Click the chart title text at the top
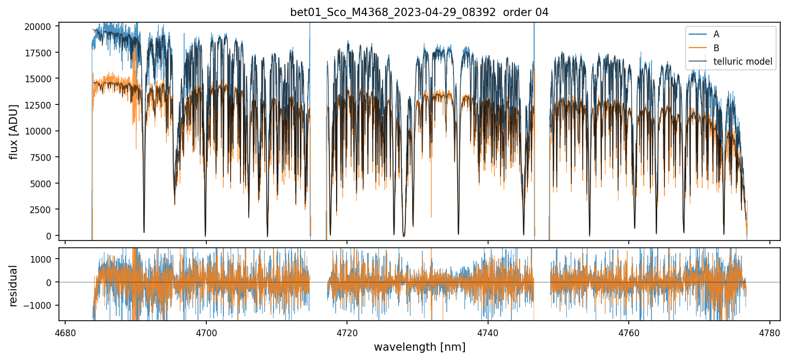tap(419, 12)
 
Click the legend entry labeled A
tap(716, 35)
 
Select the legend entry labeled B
tap(716, 48)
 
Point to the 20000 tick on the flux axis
tap(40, 26)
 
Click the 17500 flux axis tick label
tap(40, 53)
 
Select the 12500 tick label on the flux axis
tap(40, 105)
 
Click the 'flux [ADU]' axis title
tap(14, 131)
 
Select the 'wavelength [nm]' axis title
tap(419, 347)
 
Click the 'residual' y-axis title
tap(14, 286)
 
